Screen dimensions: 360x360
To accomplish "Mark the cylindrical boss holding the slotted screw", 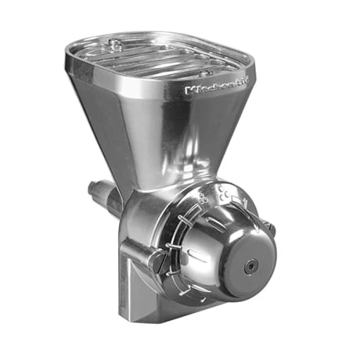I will [x=149, y=254].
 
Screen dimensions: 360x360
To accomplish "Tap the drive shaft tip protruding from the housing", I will [x=95, y=189].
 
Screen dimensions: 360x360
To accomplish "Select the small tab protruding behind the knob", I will [x=270, y=227].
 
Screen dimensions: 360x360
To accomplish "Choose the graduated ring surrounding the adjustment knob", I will [x=188, y=235].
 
